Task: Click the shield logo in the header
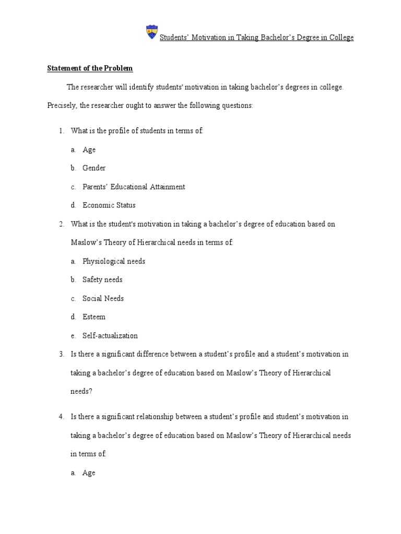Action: (x=151, y=32)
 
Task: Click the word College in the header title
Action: (x=340, y=38)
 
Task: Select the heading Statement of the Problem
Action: (x=90, y=68)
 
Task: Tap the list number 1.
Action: (x=61, y=131)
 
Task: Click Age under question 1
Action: (x=89, y=150)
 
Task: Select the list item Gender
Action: (x=94, y=168)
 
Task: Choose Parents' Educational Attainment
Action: (x=134, y=187)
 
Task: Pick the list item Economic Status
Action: (x=109, y=205)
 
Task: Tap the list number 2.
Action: (x=61, y=224)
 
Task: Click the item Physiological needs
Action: (x=114, y=261)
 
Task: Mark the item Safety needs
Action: (x=102, y=280)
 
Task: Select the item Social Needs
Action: (x=103, y=298)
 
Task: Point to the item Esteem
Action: (x=94, y=317)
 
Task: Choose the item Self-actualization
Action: (x=110, y=335)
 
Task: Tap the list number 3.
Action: (x=61, y=354)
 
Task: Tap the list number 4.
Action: (x=61, y=417)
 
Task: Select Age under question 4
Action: (x=89, y=473)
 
